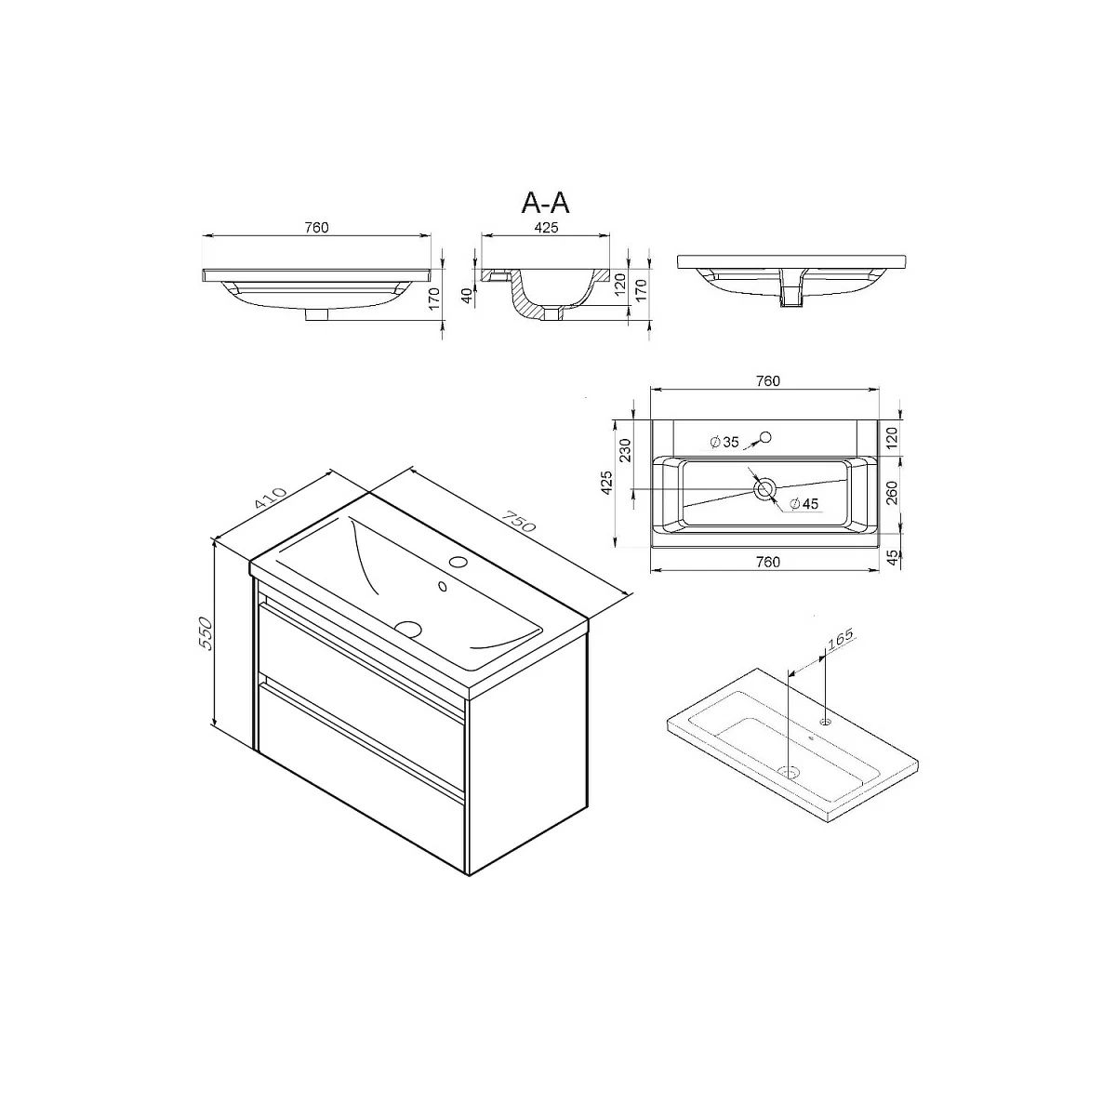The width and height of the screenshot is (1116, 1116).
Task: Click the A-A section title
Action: click(546, 203)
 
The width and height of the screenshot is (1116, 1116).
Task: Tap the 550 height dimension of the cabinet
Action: click(206, 634)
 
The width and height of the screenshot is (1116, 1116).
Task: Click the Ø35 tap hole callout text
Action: click(724, 443)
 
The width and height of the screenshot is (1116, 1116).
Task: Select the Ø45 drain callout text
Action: click(804, 504)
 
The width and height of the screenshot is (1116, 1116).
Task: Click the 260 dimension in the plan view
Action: click(892, 493)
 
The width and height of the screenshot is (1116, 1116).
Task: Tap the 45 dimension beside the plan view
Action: click(893, 557)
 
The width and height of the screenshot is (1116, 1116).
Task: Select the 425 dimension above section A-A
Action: click(546, 228)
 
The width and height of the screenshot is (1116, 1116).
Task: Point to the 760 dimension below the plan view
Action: click(768, 562)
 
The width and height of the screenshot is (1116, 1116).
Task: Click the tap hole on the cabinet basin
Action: click(458, 561)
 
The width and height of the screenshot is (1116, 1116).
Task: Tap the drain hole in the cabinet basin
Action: click(410, 628)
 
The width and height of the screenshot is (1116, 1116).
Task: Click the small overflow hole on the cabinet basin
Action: click(443, 587)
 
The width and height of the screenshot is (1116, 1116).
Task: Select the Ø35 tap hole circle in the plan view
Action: click(766, 437)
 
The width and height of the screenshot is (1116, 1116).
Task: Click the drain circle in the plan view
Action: click(764, 489)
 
